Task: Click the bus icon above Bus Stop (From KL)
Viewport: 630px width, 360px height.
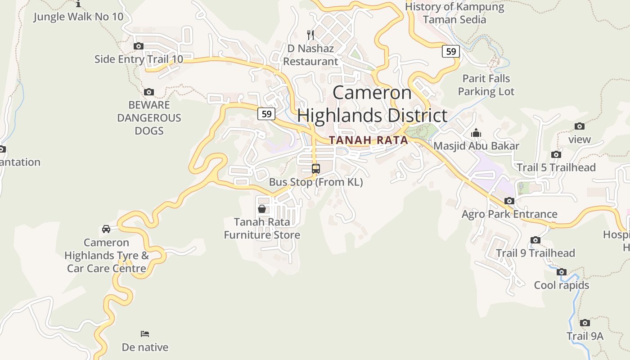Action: tap(316, 169)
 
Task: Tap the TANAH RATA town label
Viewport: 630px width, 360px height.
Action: tap(368, 140)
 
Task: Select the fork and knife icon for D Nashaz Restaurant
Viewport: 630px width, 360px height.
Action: tap(310, 35)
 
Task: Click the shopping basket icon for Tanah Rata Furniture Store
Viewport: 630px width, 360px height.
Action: tap(261, 209)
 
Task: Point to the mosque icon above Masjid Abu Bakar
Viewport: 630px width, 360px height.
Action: tap(476, 133)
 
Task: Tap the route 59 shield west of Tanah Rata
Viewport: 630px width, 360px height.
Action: tap(266, 114)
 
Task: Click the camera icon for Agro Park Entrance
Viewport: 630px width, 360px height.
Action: tap(509, 201)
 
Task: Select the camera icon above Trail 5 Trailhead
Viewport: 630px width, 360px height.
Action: tap(556, 155)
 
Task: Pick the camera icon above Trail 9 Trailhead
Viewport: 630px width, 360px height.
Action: tap(535, 240)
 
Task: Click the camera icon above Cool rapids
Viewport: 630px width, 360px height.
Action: tap(561, 272)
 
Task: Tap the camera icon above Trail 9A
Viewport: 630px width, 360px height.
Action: tap(585, 323)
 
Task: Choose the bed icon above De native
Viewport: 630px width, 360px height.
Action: tap(145, 334)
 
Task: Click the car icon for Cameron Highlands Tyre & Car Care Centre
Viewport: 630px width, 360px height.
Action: tap(106, 229)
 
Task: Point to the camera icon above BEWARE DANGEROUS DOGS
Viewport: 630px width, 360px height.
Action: tap(149, 92)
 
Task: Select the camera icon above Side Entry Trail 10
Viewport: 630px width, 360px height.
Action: tap(139, 46)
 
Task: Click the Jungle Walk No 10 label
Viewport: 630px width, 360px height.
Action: tap(78, 17)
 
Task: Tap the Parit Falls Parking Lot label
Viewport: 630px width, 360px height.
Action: tap(486, 85)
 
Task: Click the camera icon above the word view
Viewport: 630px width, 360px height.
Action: tap(580, 126)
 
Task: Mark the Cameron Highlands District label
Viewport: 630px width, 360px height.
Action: tap(372, 104)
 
